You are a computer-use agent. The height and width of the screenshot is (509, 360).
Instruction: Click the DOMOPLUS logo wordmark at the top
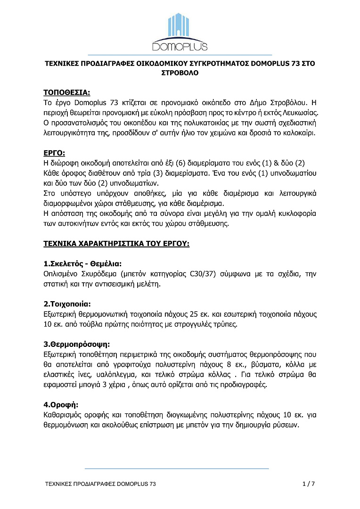coord(180,46)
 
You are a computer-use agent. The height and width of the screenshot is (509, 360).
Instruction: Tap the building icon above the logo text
coord(180,26)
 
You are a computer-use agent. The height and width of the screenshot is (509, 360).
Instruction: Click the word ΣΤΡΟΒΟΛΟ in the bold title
coord(180,73)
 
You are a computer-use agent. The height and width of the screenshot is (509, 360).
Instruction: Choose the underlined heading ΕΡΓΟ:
coord(54,153)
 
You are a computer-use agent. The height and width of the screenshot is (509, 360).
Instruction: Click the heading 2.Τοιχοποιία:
coord(66,304)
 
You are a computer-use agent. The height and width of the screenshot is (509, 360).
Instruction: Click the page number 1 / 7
coord(308,484)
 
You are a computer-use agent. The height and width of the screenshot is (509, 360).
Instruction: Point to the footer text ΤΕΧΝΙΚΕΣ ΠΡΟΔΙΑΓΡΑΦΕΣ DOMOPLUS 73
coord(100,484)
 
